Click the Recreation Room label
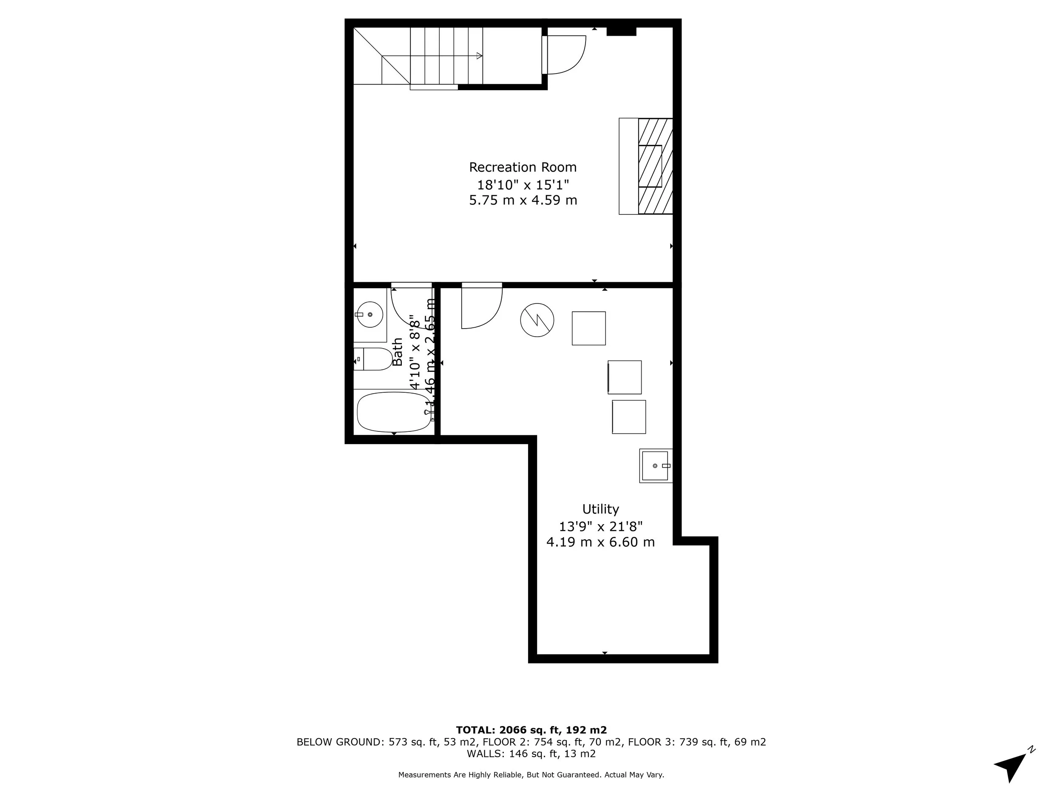tap(523, 167)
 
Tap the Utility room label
tap(600, 509)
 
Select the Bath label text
tap(398, 352)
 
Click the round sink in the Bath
tap(369, 315)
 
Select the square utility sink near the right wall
tap(654, 465)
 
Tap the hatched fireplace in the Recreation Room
tap(654, 166)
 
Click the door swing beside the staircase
tap(565, 55)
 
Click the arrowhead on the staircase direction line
tap(479, 56)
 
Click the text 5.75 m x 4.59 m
tap(523, 200)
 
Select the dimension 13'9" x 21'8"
tap(600, 527)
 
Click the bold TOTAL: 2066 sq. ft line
tap(531, 730)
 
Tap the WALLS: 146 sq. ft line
tap(531, 753)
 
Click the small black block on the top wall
tap(621, 31)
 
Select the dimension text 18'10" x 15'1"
tap(523, 184)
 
